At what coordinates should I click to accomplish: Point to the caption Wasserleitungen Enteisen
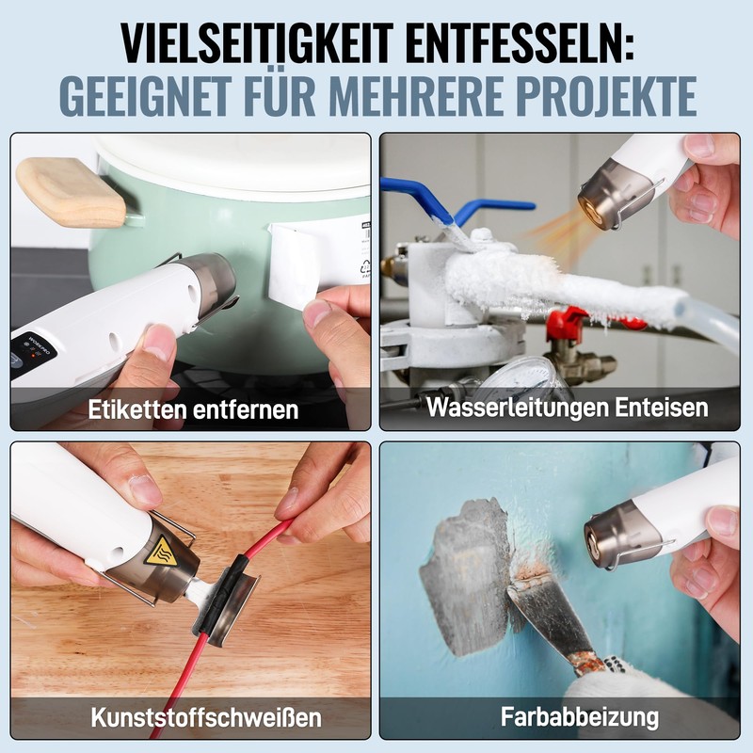567,408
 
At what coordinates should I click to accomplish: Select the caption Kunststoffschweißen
205,717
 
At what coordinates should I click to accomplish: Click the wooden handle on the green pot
71,192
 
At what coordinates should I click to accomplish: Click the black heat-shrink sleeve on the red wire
226,599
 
